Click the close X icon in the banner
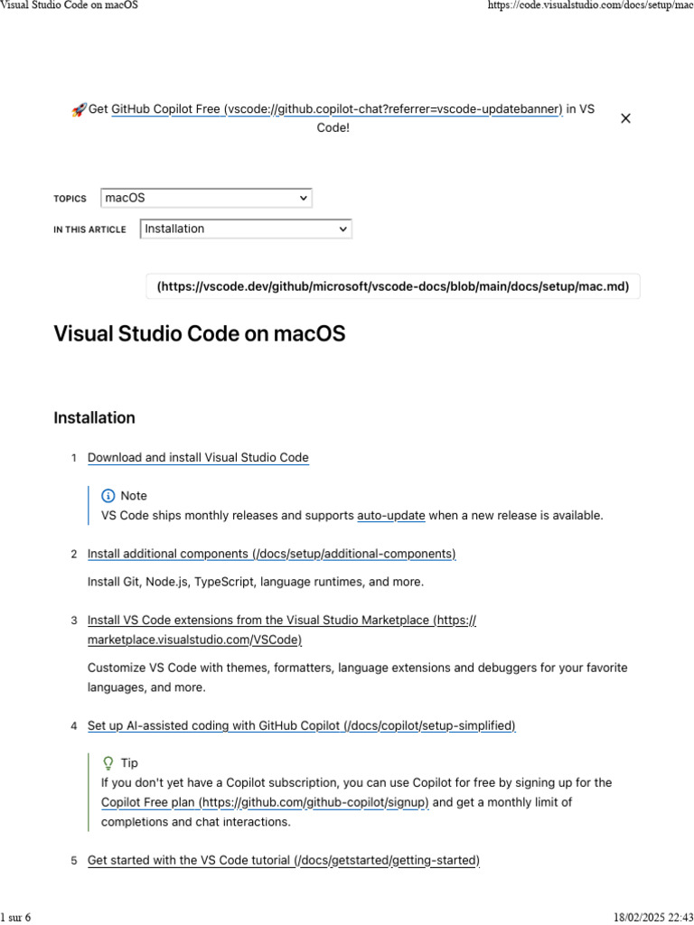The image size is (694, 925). [x=625, y=118]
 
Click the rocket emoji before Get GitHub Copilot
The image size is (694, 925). [x=79, y=109]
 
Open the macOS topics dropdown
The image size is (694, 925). [x=206, y=198]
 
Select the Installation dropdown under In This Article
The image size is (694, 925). [x=246, y=229]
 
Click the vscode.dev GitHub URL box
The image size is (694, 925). [x=393, y=287]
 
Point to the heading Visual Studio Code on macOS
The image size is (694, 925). [x=200, y=334]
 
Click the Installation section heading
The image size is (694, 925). [x=95, y=418]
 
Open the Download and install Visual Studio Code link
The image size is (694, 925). [x=198, y=458]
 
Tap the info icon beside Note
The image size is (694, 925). [x=108, y=496]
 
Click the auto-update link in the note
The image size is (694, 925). [x=391, y=516]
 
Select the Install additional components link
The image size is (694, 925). [x=271, y=554]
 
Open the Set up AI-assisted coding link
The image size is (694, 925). [x=301, y=726]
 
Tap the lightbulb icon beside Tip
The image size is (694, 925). [x=108, y=763]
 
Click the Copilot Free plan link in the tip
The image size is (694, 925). [x=265, y=802]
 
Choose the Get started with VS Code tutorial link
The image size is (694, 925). [x=283, y=861]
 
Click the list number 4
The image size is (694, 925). [x=74, y=726]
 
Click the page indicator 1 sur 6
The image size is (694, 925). [x=16, y=917]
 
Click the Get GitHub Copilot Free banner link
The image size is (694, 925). [x=336, y=109]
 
